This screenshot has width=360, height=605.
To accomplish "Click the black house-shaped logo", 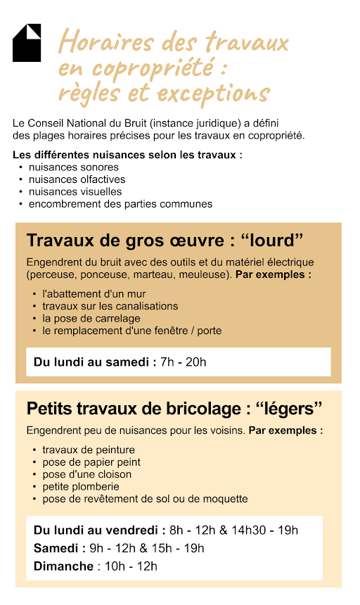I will click(x=27, y=43).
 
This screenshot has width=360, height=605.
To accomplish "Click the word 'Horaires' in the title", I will click(x=97, y=42).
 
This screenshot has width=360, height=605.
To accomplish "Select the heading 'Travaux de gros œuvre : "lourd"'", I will click(x=165, y=241).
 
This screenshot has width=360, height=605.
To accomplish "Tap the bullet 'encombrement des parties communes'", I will click(x=120, y=204).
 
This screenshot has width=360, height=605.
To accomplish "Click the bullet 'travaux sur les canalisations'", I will click(x=110, y=306).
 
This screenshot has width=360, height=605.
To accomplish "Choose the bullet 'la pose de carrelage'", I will click(x=91, y=318).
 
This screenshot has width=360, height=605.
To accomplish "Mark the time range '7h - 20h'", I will click(x=183, y=362).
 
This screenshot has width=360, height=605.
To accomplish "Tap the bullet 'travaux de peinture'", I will click(x=88, y=450).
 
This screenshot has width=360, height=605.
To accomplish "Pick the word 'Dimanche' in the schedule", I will click(x=63, y=566).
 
